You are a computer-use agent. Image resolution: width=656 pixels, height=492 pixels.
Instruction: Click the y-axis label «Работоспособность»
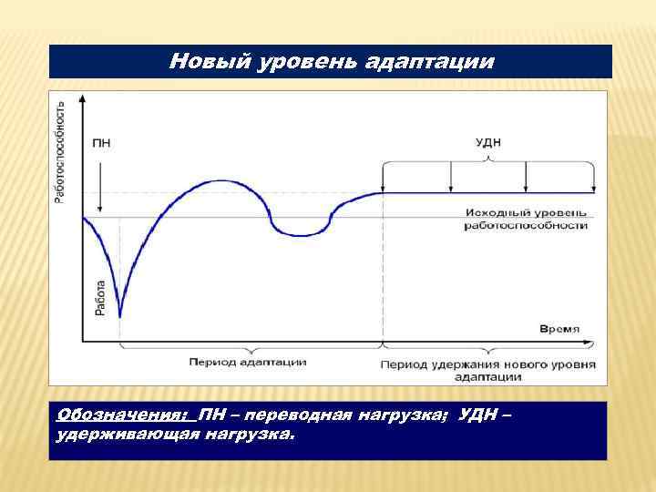[x=60, y=152]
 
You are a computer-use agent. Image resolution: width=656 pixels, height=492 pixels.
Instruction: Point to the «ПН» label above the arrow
[x=102, y=143]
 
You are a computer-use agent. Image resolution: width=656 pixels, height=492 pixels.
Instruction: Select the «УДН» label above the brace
[x=488, y=143]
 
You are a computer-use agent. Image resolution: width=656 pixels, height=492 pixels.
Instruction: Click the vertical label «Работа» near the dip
[x=100, y=297]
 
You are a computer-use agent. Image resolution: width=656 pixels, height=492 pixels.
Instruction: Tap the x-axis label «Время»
[x=559, y=328]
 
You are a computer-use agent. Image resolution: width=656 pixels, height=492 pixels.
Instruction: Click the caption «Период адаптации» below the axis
[x=248, y=362]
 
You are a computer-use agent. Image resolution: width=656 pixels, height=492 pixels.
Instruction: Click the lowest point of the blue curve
[x=120, y=317]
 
